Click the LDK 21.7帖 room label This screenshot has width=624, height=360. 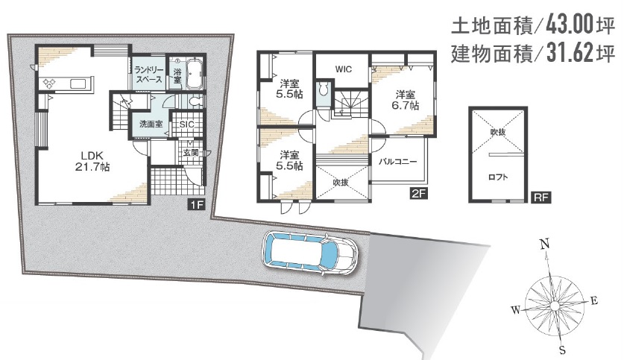[x=92, y=161]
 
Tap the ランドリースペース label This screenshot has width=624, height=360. [x=149, y=75]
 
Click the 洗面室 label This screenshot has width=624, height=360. [x=151, y=124]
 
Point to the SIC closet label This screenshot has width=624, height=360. [x=186, y=124]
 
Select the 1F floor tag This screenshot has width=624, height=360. [x=196, y=204]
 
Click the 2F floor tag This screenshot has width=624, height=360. [x=419, y=194]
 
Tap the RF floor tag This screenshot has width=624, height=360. [x=541, y=197]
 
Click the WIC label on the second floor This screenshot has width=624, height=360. [x=343, y=69]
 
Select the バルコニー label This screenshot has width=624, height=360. [x=397, y=162]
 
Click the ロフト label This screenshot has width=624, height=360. [x=498, y=177]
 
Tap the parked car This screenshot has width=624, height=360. [x=310, y=253]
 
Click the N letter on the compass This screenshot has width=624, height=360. [x=545, y=244]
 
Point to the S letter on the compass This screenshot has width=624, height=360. [x=562, y=350]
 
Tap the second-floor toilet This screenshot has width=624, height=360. [x=323, y=90]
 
